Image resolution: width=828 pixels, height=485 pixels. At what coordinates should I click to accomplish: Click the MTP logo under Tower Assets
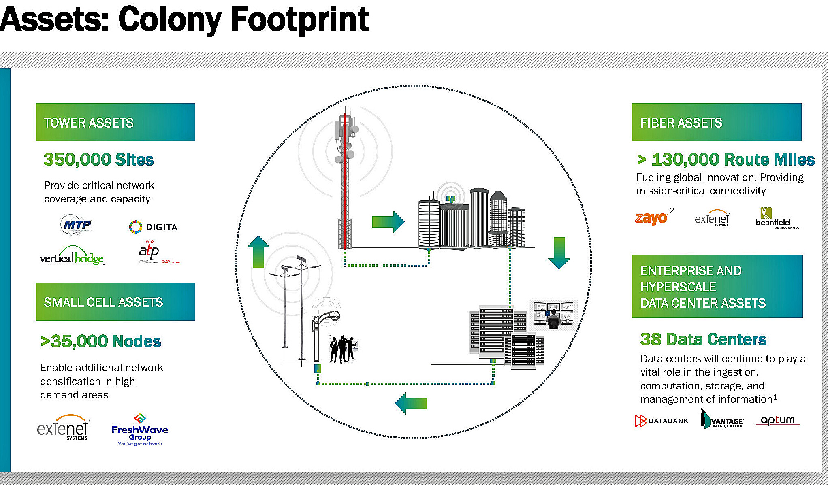click(77, 225)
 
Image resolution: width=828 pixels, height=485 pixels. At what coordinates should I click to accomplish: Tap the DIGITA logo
click(153, 227)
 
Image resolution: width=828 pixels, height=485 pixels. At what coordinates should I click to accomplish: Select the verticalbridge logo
click(72, 256)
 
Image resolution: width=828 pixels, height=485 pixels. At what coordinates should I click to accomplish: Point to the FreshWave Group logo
click(140, 430)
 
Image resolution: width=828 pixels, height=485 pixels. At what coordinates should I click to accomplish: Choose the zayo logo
click(651, 218)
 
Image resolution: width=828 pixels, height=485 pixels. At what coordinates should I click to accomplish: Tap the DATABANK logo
click(661, 421)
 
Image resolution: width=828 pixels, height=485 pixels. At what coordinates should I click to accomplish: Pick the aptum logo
click(777, 420)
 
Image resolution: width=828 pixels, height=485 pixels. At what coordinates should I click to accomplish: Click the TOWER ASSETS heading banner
click(115, 122)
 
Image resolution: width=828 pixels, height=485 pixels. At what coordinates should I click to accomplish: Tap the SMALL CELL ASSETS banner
click(115, 302)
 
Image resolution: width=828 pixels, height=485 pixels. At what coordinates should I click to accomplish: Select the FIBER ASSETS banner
click(716, 122)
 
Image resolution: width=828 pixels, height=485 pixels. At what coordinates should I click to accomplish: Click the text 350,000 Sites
click(98, 160)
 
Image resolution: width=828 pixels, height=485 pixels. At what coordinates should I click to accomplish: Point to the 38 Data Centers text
click(703, 339)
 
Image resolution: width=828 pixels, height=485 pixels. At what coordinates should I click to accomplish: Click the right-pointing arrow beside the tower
click(388, 221)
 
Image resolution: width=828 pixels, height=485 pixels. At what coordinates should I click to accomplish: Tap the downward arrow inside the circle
click(559, 253)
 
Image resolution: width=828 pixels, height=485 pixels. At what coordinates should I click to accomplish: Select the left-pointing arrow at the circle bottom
click(411, 403)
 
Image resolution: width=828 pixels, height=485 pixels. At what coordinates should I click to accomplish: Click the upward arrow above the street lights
click(258, 252)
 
